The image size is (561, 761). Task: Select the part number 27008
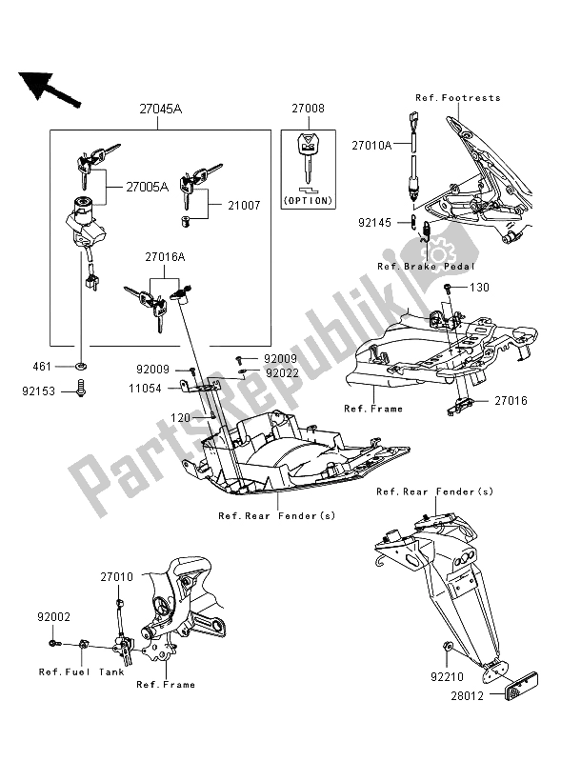click(x=308, y=110)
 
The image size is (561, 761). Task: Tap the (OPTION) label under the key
click(x=309, y=201)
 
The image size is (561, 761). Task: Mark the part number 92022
click(x=282, y=373)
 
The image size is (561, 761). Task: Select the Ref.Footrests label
click(x=457, y=98)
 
